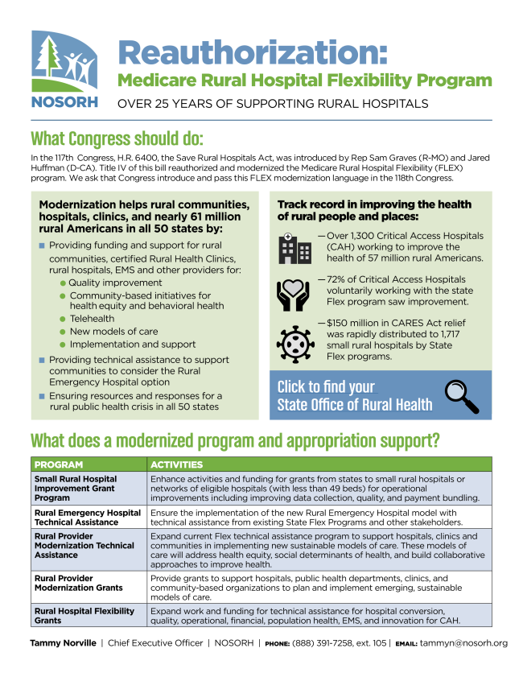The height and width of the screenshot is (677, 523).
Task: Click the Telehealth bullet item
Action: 96,319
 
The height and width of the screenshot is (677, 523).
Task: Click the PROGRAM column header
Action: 60,464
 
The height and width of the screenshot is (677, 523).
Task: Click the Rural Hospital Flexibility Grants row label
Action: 84,616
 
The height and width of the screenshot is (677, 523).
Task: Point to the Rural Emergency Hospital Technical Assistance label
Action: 87,517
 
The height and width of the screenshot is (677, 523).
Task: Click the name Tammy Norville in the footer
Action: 60,643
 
